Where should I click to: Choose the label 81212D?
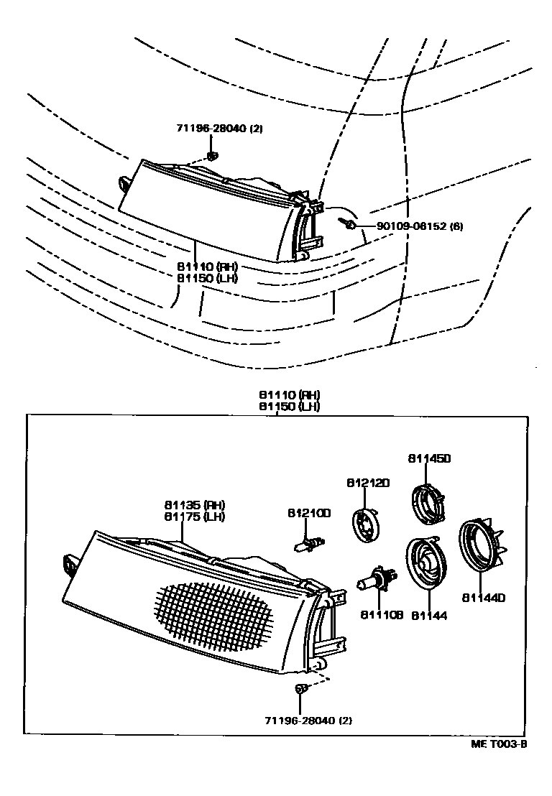[367, 483]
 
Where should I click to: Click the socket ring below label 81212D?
[367, 524]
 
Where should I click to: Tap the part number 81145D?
[428, 458]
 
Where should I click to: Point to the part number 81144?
[430, 616]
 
